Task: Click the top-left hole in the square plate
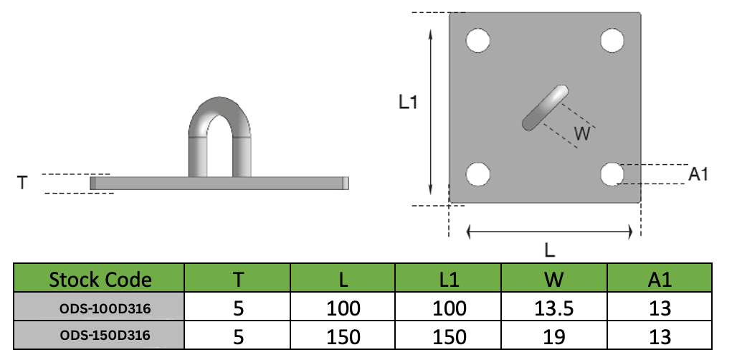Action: click(478, 40)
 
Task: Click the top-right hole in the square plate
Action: click(612, 40)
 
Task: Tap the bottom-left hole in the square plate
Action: click(478, 174)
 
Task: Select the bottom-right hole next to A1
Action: click(612, 174)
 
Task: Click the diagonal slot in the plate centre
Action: click(546, 108)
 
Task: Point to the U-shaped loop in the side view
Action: click(220, 136)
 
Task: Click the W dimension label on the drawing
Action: click(583, 133)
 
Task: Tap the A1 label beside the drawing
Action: click(698, 174)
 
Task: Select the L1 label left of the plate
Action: click(408, 103)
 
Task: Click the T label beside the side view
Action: click(22, 184)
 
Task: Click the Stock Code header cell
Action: click(100, 279)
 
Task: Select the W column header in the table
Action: click(553, 279)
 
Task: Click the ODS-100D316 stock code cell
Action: click(100, 308)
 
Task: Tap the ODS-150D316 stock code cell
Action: click(100, 336)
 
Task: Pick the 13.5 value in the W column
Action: click(553, 308)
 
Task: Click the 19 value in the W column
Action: click(553, 336)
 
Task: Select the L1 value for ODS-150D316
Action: click(448, 336)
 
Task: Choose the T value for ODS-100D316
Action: click(239, 308)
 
